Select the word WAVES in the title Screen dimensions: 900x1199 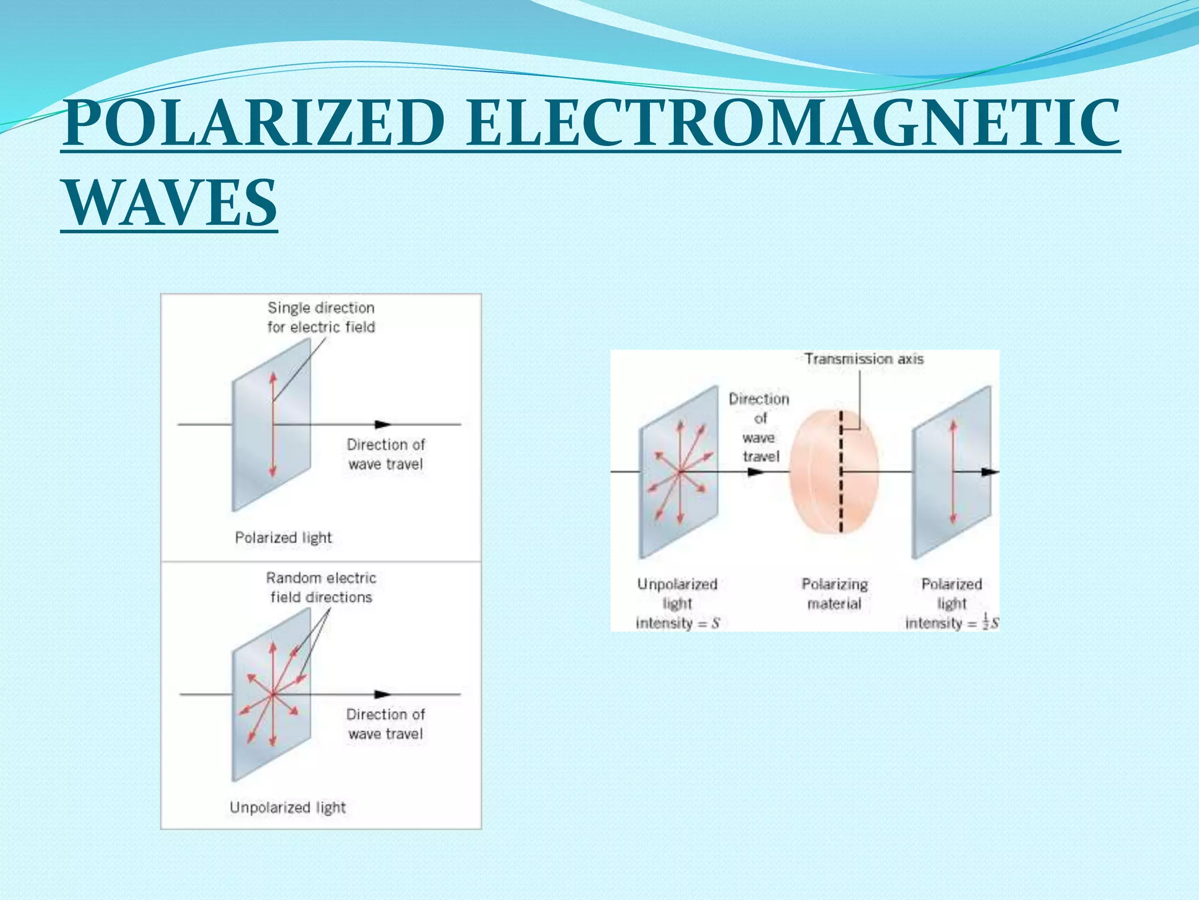[170, 203]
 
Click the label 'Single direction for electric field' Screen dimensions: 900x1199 [321, 317]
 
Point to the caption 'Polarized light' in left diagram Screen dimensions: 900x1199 [283, 537]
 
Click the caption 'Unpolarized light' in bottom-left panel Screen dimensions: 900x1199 [287, 807]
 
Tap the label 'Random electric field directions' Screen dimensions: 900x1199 [321, 587]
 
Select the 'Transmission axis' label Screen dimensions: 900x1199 [864, 359]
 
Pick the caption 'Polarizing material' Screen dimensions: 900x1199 [835, 594]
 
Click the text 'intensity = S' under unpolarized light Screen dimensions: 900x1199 [677, 623]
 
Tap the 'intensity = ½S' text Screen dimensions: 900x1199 [952, 623]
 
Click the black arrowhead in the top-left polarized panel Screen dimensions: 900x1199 [383, 424]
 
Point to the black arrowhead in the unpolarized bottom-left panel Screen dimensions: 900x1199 [383, 694]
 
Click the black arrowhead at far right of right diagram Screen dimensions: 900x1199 [990, 472]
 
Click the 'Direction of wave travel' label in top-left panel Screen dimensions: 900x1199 [386, 454]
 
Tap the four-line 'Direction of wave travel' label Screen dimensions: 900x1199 [759, 427]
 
